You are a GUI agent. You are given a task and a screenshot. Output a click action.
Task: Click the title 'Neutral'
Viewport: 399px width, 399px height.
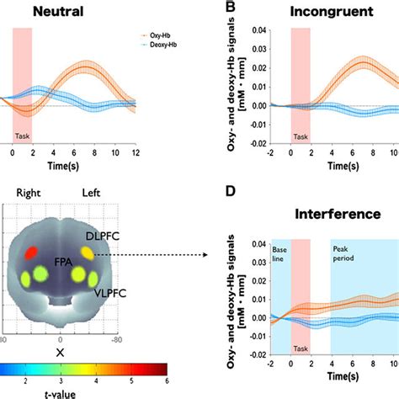pyautogui.click(x=52, y=11)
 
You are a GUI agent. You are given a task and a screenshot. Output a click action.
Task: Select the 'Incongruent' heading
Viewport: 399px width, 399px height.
pyautogui.click(x=324, y=11)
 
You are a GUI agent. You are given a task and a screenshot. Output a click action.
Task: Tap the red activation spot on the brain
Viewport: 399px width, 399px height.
pyautogui.click(x=29, y=251)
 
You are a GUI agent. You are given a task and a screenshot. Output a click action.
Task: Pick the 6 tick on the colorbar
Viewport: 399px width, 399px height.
pyautogui.click(x=167, y=379)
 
